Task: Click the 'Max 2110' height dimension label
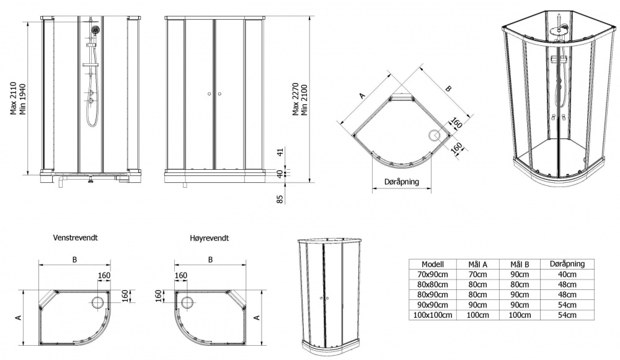(x=13, y=99)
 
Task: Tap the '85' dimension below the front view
(x=280, y=200)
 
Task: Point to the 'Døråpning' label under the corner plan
(x=401, y=182)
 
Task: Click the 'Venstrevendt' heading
(x=75, y=238)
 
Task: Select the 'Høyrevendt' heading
(x=209, y=239)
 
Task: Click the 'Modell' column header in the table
(x=433, y=265)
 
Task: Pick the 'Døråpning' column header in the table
(x=567, y=263)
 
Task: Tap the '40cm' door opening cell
(x=567, y=274)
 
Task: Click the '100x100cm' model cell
(x=433, y=315)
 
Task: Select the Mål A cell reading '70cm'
(x=477, y=274)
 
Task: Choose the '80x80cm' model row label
(x=433, y=284)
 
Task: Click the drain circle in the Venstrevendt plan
(x=98, y=302)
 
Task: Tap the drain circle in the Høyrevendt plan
(x=187, y=302)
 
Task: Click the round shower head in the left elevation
(x=95, y=30)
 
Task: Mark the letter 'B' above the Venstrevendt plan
(x=74, y=260)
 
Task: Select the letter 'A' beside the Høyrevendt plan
(x=257, y=317)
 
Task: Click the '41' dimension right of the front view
(x=280, y=152)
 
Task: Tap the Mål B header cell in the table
(x=520, y=265)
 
